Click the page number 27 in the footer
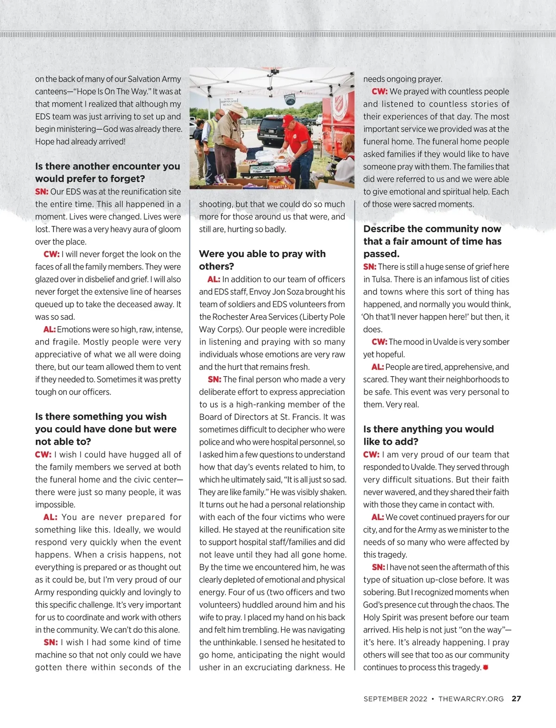[x=516, y=699]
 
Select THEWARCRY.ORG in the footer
[x=471, y=699]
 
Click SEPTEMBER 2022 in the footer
[x=395, y=699]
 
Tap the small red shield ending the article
[x=486, y=667]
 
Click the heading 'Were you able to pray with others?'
[x=262, y=260]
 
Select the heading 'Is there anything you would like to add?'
[x=428, y=435]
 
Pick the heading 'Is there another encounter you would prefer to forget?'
[x=107, y=172]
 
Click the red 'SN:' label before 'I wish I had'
[x=51, y=642]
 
